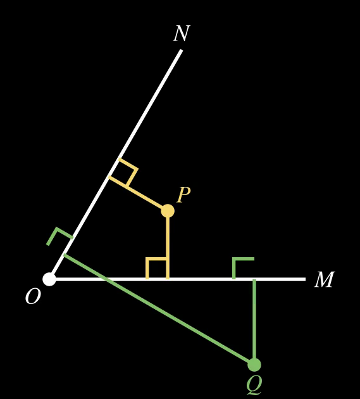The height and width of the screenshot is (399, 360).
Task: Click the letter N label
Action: coord(182,34)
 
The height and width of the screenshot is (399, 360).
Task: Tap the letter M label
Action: coord(325,280)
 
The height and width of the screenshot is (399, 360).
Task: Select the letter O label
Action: coord(33,296)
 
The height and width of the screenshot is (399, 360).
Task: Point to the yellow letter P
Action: coord(183,195)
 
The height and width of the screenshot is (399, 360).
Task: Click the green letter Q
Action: coord(254,384)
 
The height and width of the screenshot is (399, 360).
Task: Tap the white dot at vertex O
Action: coord(49,279)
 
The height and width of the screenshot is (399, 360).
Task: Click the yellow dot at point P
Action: coord(168,211)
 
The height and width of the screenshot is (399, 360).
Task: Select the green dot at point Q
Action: coord(254,365)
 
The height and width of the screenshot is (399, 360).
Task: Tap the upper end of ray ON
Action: coord(182,50)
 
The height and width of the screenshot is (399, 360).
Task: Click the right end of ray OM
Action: coord(305,279)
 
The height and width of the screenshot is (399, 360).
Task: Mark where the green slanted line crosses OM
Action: coord(106,279)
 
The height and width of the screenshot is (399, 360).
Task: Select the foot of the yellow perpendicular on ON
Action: coord(109,176)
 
